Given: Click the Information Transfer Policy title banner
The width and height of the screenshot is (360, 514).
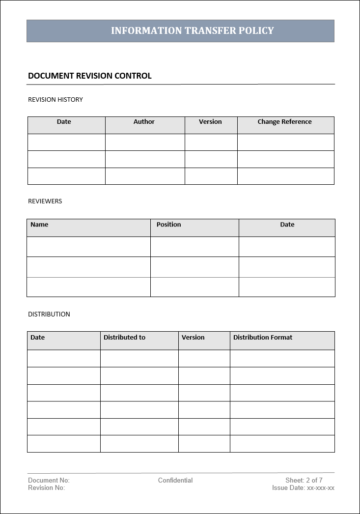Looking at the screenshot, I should (192, 30).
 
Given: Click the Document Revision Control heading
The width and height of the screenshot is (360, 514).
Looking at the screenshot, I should (90, 76).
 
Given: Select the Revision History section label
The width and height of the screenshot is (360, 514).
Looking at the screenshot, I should (55, 100).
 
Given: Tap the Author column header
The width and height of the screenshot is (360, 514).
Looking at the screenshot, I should (144, 122).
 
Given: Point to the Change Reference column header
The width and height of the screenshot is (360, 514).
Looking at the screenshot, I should (284, 122).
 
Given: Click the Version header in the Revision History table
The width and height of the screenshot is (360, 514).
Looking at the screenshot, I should (210, 122).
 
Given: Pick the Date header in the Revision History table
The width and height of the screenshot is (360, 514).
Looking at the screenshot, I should (64, 122).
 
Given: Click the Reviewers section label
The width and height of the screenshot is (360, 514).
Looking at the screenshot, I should (45, 201).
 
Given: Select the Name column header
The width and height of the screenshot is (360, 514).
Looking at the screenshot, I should (39, 225).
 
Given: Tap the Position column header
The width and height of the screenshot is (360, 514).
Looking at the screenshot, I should (168, 225).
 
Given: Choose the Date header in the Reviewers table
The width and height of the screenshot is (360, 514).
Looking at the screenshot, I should (287, 225).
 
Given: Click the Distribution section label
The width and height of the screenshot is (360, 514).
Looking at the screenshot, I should (49, 314).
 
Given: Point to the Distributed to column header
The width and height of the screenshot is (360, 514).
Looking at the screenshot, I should (124, 338).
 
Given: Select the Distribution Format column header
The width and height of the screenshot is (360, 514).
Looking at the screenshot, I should (263, 338).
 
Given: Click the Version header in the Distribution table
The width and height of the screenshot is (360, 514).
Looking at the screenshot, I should (193, 338).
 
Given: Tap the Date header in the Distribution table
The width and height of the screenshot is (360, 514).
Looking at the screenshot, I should (37, 338).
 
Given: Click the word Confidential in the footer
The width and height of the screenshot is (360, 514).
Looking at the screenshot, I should (175, 481).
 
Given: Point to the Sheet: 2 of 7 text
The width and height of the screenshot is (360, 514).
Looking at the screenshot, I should (304, 481).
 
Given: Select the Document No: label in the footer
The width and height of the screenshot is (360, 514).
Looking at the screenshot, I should (49, 481).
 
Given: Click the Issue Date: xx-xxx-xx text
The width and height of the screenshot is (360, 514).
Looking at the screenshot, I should (303, 488).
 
